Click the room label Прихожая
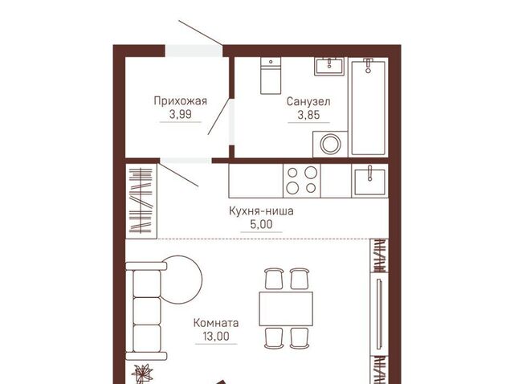(180, 101)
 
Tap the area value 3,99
(180, 114)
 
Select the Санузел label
(308, 102)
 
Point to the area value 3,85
(308, 115)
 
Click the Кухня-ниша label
(261, 210)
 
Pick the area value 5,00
(261, 225)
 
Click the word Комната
(216, 323)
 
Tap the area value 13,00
(216, 337)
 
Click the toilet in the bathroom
(271, 76)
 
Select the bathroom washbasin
(329, 66)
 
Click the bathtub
(368, 107)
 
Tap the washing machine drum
(330, 144)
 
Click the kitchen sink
(369, 182)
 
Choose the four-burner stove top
(302, 181)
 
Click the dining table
(286, 309)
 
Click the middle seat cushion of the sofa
(147, 311)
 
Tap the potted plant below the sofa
(142, 374)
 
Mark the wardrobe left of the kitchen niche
(141, 201)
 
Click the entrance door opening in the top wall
(194, 51)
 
